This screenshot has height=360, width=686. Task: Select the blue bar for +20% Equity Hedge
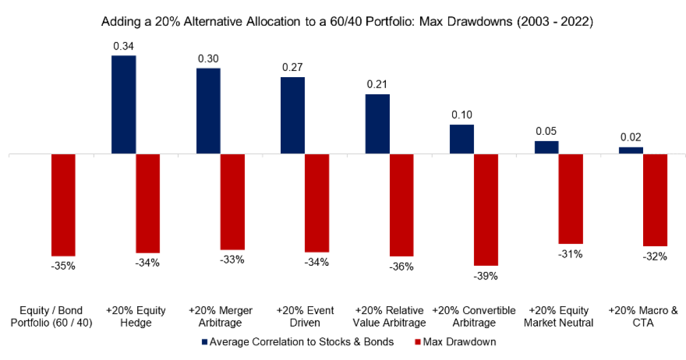(123, 105)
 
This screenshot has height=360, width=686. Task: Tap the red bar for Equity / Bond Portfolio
(63, 205)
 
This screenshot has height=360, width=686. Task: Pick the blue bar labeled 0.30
(208, 111)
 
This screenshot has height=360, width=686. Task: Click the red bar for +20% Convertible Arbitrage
(486, 210)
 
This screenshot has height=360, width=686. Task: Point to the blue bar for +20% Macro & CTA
(631, 150)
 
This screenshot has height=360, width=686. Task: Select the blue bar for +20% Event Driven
(293, 115)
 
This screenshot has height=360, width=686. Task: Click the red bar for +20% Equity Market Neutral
(571, 199)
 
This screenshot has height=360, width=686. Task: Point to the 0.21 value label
(377, 85)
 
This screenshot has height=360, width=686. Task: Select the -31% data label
(571, 254)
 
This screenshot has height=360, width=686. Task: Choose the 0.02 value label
(631, 137)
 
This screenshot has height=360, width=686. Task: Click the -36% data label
(401, 266)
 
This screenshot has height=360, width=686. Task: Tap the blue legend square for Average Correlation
(205, 342)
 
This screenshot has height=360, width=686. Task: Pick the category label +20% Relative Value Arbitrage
(389, 316)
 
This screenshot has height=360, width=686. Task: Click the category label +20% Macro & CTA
(643, 316)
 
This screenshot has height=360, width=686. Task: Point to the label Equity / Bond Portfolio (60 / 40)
(51, 316)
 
